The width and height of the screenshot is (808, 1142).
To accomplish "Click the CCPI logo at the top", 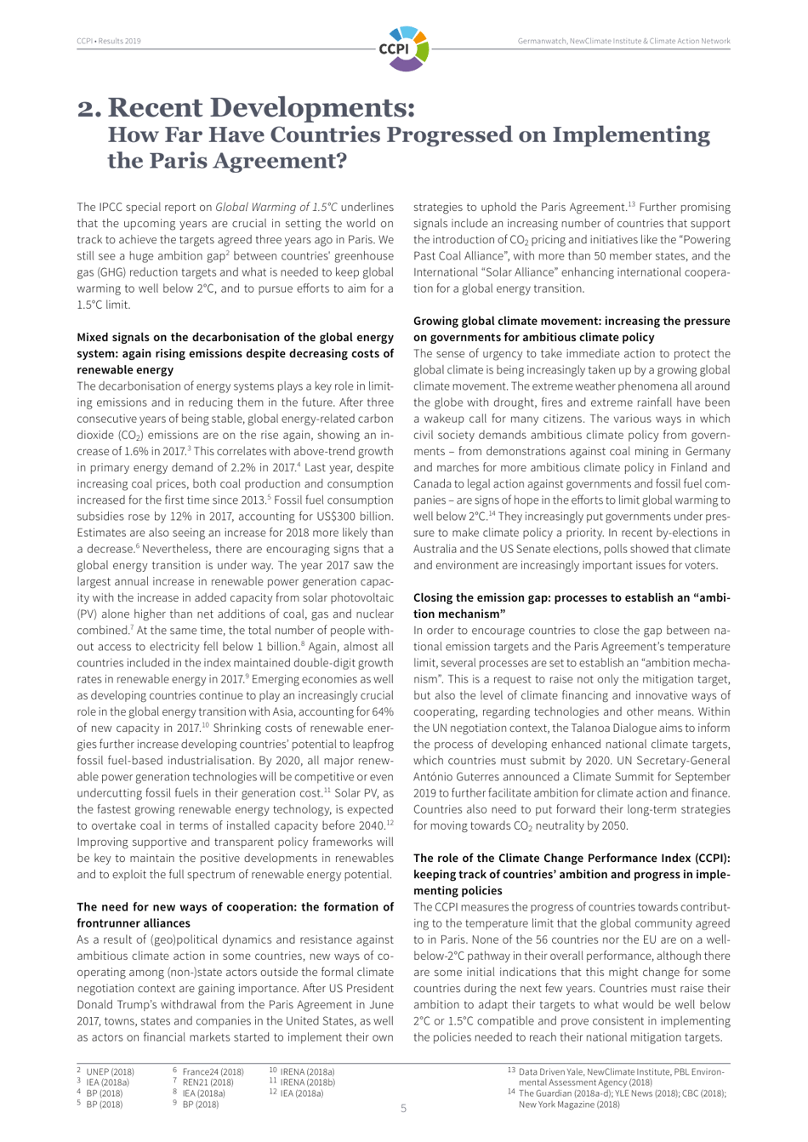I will [x=403, y=48].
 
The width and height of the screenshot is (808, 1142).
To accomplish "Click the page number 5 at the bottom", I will [x=403, y=1109].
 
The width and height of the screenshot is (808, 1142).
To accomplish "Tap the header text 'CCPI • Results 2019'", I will [x=109, y=41].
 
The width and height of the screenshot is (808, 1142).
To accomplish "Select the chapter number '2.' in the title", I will [x=89, y=109].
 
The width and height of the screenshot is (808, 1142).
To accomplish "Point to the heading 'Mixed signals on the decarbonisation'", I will [x=235, y=338].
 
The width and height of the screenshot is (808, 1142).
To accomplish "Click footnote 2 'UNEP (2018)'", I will [x=110, y=1071].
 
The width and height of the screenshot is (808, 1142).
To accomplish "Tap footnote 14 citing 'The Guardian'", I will [x=622, y=1093].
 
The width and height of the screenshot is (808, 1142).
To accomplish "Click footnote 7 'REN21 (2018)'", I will [x=208, y=1082].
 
